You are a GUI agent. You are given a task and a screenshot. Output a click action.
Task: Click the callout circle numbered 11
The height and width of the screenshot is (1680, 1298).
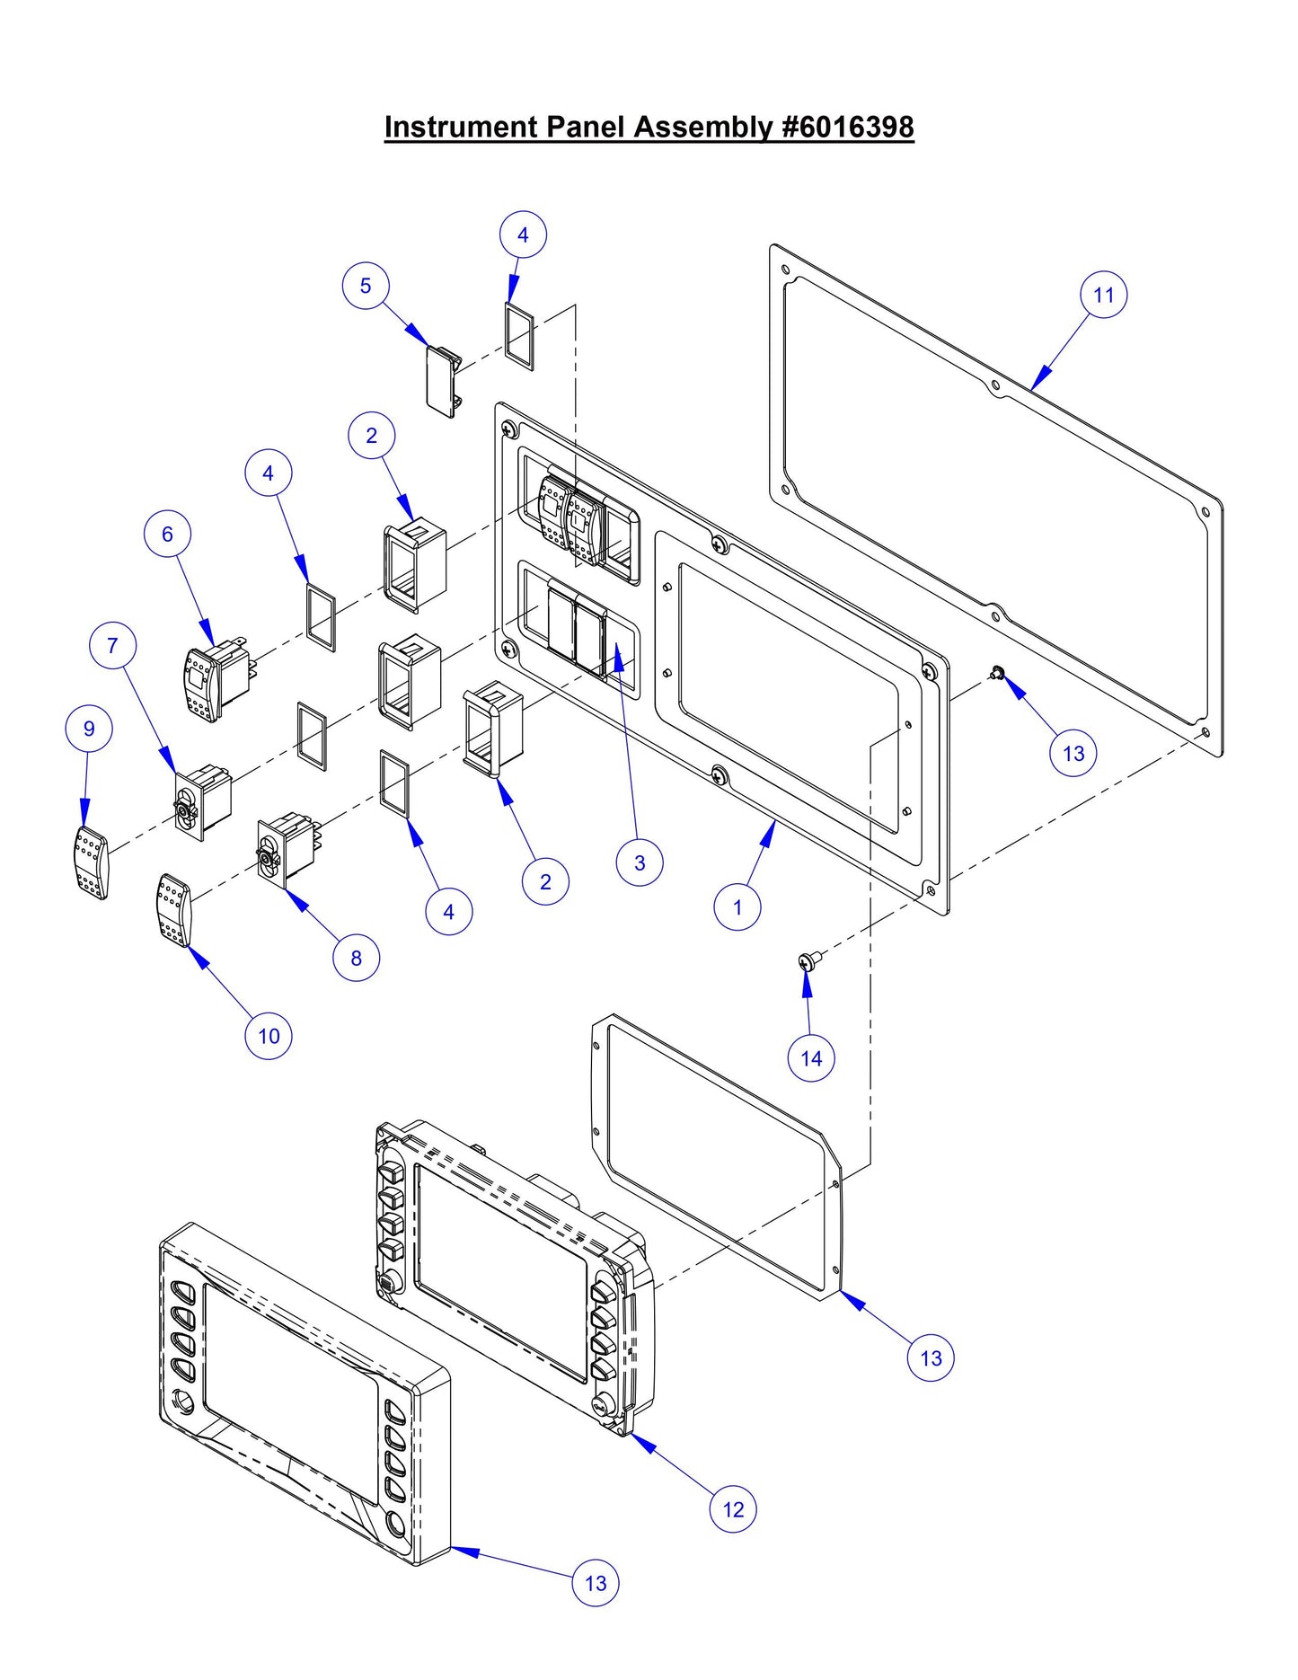tap(1103, 295)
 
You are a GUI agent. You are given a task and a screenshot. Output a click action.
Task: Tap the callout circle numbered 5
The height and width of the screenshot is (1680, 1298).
tap(365, 286)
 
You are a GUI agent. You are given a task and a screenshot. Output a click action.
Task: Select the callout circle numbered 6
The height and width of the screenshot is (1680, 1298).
tap(167, 534)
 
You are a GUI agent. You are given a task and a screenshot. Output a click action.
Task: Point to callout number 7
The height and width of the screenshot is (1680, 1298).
tap(112, 645)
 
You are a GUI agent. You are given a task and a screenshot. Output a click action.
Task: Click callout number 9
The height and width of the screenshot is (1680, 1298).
tap(89, 729)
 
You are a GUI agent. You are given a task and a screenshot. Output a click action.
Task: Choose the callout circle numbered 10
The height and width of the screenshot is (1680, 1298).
tap(269, 1036)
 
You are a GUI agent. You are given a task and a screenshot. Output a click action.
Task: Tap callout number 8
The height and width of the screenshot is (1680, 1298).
tap(356, 958)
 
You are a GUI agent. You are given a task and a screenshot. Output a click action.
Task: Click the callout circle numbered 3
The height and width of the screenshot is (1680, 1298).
tap(639, 862)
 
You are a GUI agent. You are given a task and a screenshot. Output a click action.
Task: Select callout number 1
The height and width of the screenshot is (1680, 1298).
tap(737, 906)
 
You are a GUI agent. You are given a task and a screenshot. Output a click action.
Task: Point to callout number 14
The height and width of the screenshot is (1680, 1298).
tap(810, 1058)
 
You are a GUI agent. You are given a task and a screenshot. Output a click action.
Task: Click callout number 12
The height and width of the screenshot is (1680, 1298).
tap(733, 1509)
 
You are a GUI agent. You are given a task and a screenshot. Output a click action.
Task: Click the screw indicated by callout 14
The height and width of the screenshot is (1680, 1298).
tap(807, 962)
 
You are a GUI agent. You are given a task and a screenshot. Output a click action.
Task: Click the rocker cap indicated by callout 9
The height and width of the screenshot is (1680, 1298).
tap(91, 862)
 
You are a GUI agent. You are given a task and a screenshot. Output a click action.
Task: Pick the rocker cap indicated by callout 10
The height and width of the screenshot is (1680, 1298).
tap(174, 910)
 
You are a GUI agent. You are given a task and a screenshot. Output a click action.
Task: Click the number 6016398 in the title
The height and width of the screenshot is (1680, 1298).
tap(855, 127)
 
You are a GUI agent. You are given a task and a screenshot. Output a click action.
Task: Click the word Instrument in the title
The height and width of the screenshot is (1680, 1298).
tap(460, 127)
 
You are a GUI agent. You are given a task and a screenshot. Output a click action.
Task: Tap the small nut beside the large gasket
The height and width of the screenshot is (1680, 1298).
tap(996, 672)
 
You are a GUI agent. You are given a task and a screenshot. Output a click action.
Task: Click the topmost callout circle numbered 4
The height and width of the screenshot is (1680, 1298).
tap(523, 234)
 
